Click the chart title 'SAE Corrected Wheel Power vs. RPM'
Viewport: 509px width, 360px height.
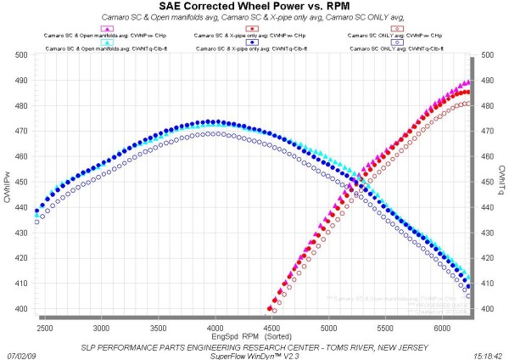[x=254, y=7]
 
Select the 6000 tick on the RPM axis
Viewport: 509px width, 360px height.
[x=442, y=326]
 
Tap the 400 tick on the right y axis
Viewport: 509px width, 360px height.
[x=488, y=309]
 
